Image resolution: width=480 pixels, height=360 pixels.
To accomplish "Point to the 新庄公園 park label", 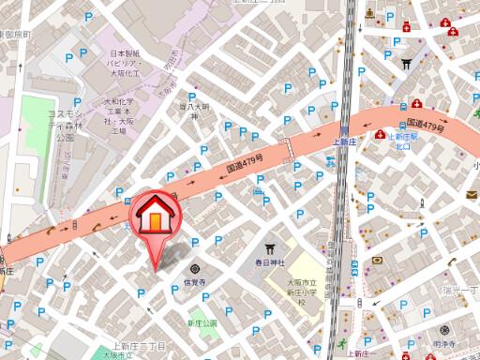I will (x=201, y=322).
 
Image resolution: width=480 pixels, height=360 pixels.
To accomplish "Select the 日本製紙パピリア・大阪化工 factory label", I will (x=122, y=64).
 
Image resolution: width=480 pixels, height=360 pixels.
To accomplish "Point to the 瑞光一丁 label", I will (x=461, y=292).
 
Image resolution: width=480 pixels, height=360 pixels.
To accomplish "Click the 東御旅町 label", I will (x=13, y=34).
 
